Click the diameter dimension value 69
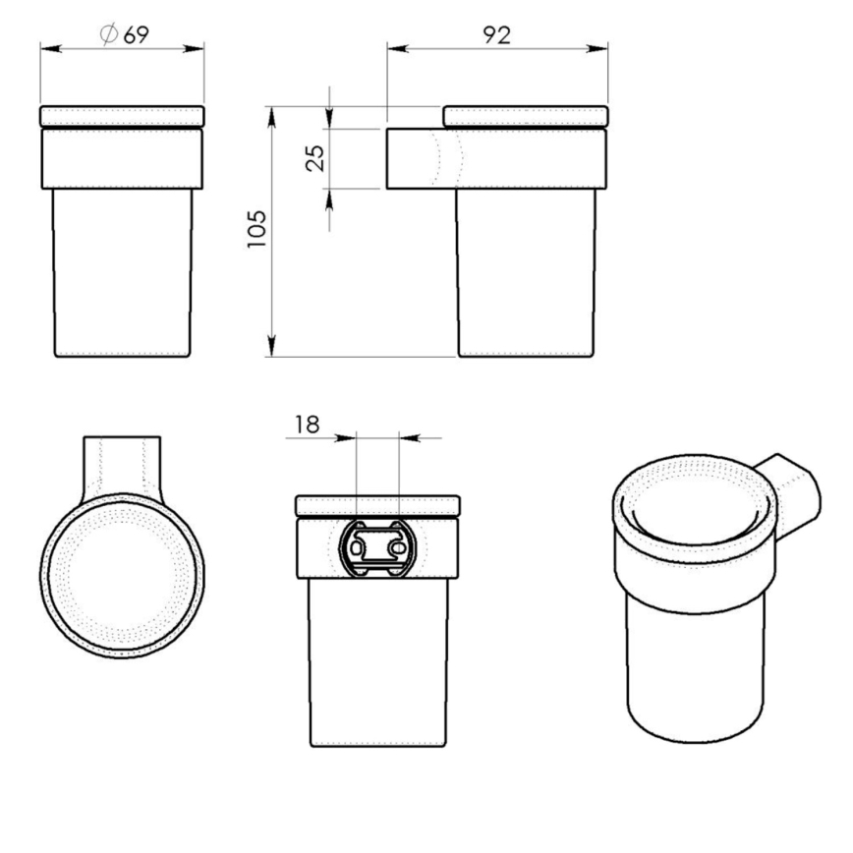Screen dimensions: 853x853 coord(136,34)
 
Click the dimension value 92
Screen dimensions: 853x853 coord(497,35)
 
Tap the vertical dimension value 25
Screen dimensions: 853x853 coord(314,157)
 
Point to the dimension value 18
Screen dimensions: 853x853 coord(307,425)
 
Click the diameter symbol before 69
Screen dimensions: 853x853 coord(109,34)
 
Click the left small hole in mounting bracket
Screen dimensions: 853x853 coord(358,542)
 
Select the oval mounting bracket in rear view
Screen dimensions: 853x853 coord(377,549)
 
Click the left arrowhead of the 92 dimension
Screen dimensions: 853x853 coord(394,48)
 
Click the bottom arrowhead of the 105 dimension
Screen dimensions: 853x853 coord(270,349)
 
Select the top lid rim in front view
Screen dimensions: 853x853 coord(122,115)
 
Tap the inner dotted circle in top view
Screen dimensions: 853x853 coord(123,575)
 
